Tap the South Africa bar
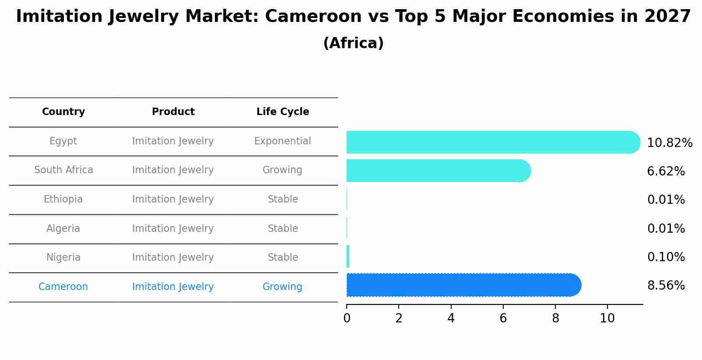(x=438, y=171)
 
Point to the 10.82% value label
(x=670, y=143)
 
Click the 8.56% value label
(x=666, y=286)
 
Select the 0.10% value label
(x=666, y=257)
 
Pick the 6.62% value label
(x=666, y=171)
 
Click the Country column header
(x=63, y=112)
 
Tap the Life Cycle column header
(x=283, y=112)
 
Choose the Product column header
(x=173, y=112)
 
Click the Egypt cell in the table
(x=63, y=141)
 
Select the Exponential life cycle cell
(x=283, y=141)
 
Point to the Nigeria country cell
(x=63, y=258)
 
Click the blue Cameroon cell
(x=63, y=287)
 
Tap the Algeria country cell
(x=63, y=229)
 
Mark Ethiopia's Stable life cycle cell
(x=283, y=199)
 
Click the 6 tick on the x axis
(x=503, y=318)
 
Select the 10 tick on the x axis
(x=607, y=318)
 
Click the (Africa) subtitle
(x=353, y=43)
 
